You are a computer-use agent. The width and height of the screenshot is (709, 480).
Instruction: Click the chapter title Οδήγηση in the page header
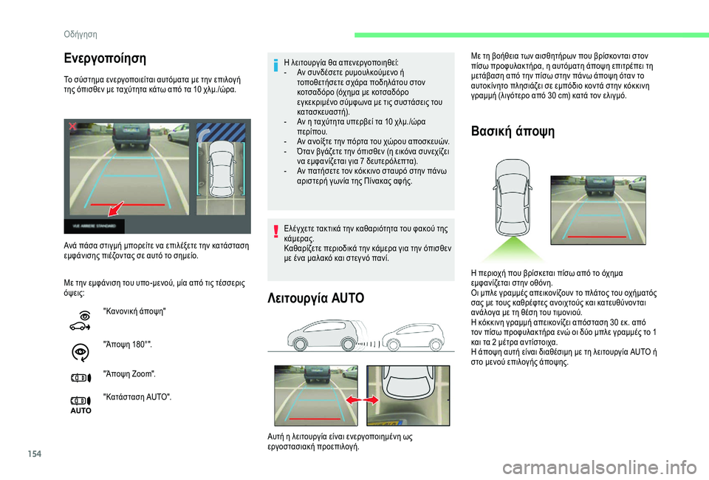pos(81,34)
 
